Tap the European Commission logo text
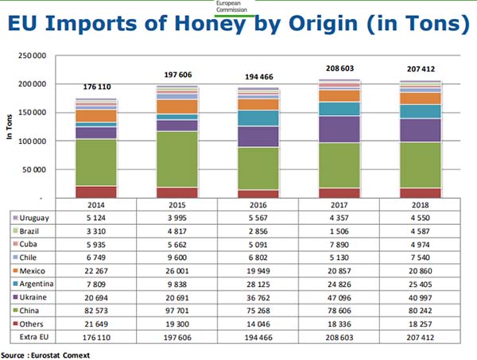[238, 5]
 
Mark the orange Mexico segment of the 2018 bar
[419, 99]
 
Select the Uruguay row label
[35, 218]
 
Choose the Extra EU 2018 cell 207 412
[419, 337]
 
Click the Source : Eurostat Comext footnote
[45, 354]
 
